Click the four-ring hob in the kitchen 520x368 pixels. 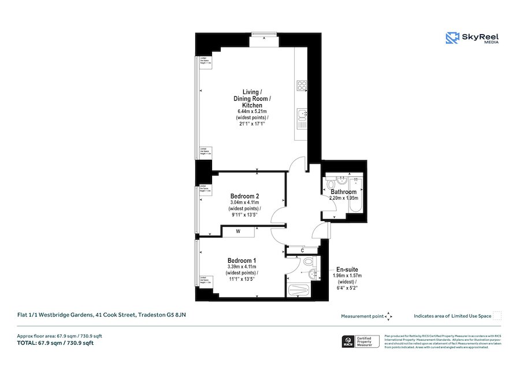tap(301, 86)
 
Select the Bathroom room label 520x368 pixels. tap(343, 192)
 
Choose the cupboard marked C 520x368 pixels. tap(302, 251)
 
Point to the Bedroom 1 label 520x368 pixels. tap(242, 260)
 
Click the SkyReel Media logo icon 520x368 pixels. tap(451, 38)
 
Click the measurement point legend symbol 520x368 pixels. tap(389, 316)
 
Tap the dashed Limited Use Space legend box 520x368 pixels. tap(497, 316)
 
